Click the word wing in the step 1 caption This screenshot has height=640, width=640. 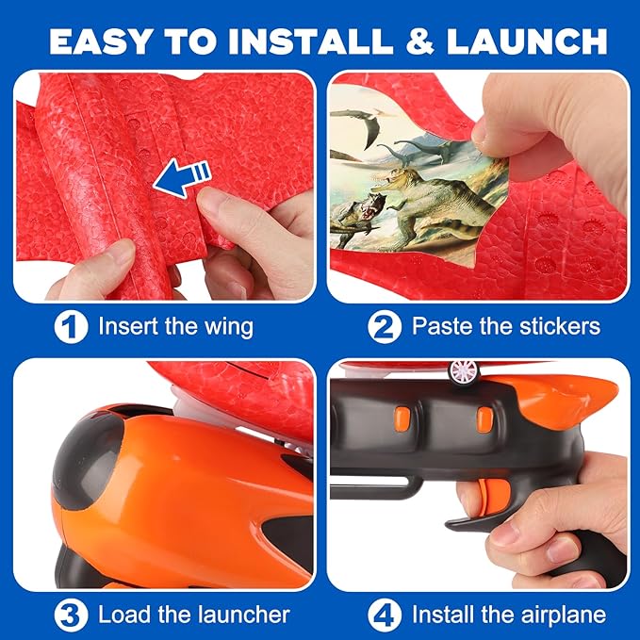click(x=228, y=327)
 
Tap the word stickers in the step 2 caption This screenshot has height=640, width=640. click(x=554, y=327)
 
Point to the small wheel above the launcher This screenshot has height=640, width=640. click(x=462, y=371)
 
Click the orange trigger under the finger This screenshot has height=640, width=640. click(x=486, y=495)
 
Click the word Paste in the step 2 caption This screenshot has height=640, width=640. click(x=441, y=327)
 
